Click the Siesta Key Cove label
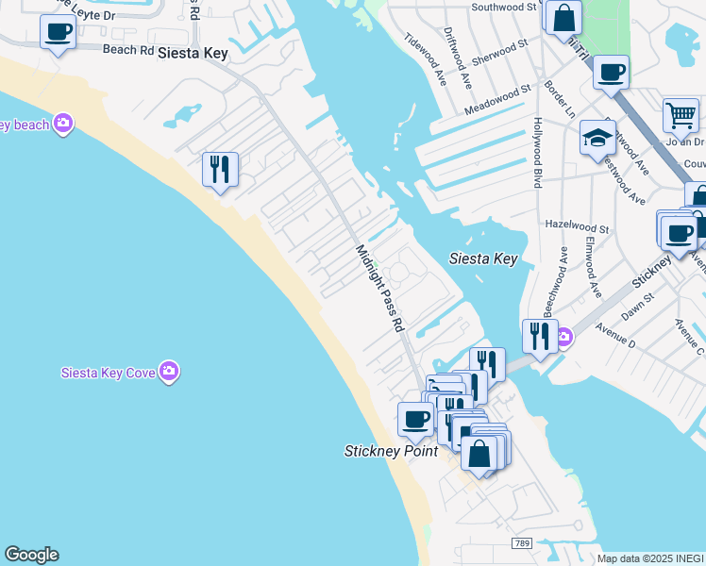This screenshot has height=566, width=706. click(x=108, y=371)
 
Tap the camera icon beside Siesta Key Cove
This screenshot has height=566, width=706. click(x=169, y=371)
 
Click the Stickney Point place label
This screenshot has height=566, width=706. click(x=391, y=451)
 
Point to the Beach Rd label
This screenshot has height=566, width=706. click(x=127, y=49)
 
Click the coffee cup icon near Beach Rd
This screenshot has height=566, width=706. click(x=59, y=33)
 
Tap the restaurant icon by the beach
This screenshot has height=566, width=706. click(x=220, y=170)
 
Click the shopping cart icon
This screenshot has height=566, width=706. click(x=680, y=117)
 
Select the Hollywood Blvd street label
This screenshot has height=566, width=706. click(x=537, y=152)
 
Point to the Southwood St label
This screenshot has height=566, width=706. click(x=504, y=7)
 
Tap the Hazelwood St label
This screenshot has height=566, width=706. click(x=578, y=226)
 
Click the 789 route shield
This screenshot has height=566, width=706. click(x=521, y=543)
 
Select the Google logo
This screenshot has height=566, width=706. click(x=31, y=555)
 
